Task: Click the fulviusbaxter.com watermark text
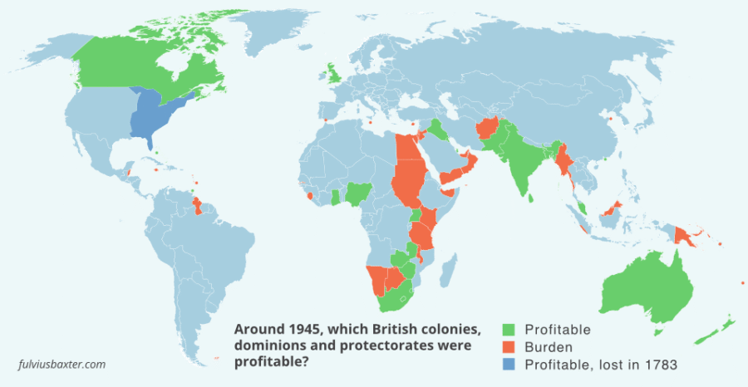click(62, 364)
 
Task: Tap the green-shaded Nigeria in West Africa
click(357, 195)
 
